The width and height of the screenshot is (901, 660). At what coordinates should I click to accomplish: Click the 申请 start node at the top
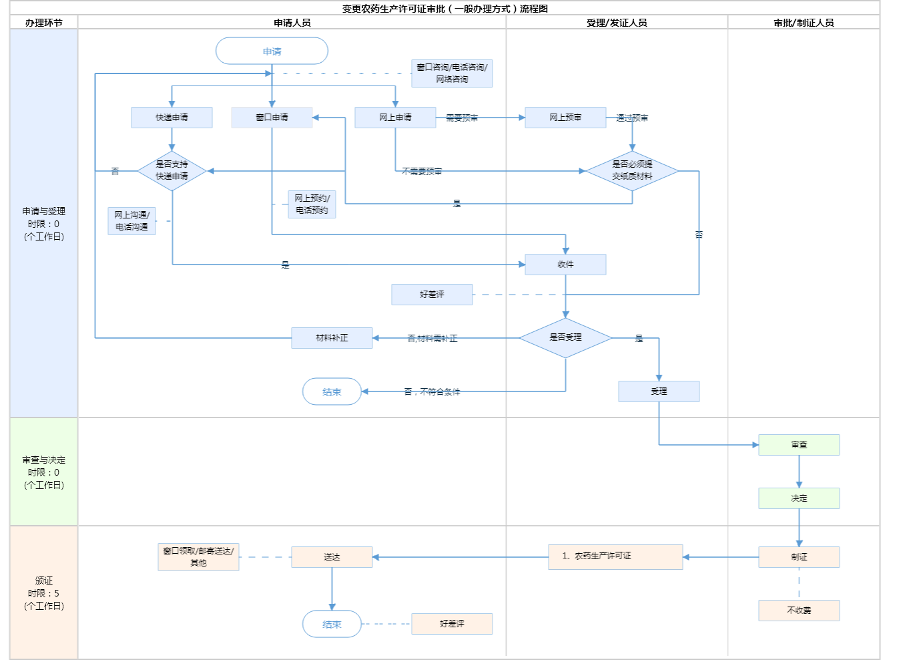click(x=272, y=51)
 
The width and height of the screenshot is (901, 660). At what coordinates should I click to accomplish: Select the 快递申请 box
click(x=172, y=118)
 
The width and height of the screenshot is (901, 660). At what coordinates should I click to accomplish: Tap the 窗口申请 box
click(x=272, y=118)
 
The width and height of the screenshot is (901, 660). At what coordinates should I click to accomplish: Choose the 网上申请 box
click(x=395, y=118)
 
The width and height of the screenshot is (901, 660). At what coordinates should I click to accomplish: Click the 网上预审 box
click(x=565, y=118)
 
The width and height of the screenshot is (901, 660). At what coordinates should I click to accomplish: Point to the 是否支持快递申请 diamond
click(x=172, y=170)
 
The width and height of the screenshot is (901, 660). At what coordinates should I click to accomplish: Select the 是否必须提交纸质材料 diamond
click(x=632, y=170)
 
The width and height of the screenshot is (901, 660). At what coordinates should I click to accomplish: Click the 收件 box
click(x=565, y=265)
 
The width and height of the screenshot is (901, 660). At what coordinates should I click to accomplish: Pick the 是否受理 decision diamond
click(x=565, y=337)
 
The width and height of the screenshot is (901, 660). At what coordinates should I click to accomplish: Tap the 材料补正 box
click(x=332, y=338)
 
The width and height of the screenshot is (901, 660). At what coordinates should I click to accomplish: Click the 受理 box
click(x=659, y=391)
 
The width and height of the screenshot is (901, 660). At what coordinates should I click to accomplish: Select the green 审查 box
click(x=799, y=445)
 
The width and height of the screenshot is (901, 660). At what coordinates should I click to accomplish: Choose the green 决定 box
click(x=799, y=498)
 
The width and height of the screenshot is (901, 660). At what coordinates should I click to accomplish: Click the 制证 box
click(x=799, y=557)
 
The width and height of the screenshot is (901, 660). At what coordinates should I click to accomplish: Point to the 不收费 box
click(x=799, y=611)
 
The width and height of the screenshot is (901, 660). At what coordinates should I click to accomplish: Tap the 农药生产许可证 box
click(x=615, y=556)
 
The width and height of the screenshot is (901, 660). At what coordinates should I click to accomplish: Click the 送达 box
click(x=332, y=557)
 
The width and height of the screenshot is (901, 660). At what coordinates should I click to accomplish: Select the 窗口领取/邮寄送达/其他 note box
click(x=198, y=557)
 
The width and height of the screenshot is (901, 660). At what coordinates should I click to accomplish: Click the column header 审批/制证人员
click(x=804, y=23)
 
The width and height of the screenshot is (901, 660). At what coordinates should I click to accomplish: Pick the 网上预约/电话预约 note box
click(x=312, y=204)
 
